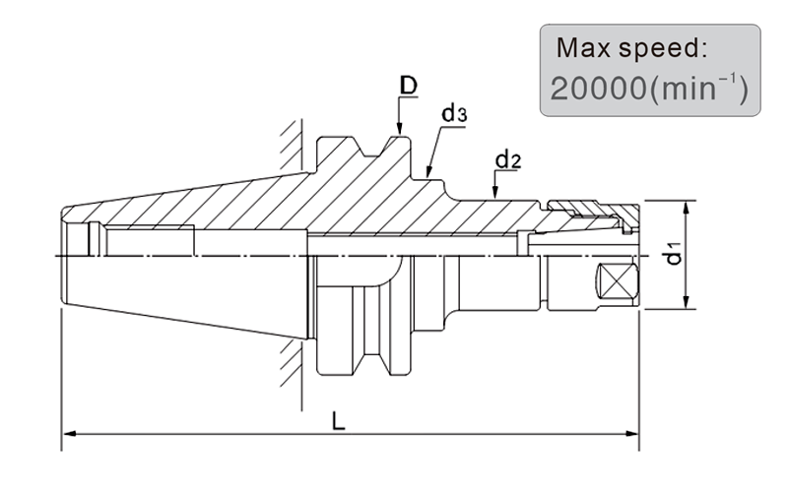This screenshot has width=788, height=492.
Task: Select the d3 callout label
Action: pos(454,113)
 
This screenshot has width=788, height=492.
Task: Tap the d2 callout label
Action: pos(508,159)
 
